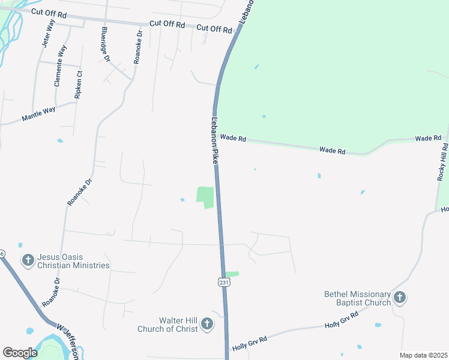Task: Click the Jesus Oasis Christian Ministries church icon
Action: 28,260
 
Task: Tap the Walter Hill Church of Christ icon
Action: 206,325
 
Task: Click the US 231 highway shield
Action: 223,281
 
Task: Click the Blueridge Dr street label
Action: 106,44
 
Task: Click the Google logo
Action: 20,353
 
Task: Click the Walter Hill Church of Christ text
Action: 169,325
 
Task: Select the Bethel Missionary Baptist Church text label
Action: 357,298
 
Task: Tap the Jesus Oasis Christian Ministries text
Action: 73,261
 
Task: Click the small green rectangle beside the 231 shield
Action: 232,274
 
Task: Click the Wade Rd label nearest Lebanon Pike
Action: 233,138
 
